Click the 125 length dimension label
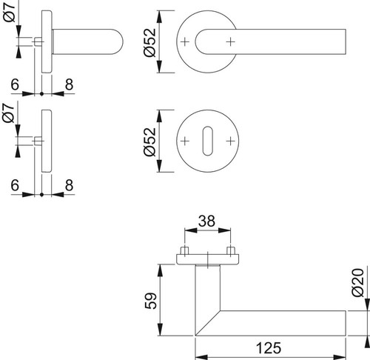click(x=269, y=347)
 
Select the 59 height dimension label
click(x=150, y=301)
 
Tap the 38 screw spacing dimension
click(x=206, y=221)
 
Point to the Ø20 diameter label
click(x=358, y=282)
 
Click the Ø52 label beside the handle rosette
click(x=150, y=42)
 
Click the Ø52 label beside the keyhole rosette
click(x=150, y=142)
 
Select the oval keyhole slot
click(x=208, y=141)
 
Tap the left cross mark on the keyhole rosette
click(x=185, y=141)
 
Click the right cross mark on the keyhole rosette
click(x=231, y=141)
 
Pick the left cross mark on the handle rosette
click(x=185, y=41)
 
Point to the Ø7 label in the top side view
click(x=10, y=11)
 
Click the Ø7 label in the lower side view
click(x=8, y=113)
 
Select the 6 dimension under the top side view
click(x=15, y=84)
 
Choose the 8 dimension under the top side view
click(x=70, y=84)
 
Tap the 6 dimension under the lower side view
click(x=15, y=185)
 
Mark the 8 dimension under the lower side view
click(x=70, y=185)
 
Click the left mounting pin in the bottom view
click(x=185, y=250)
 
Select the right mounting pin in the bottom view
click(x=231, y=250)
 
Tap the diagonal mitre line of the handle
click(x=207, y=323)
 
